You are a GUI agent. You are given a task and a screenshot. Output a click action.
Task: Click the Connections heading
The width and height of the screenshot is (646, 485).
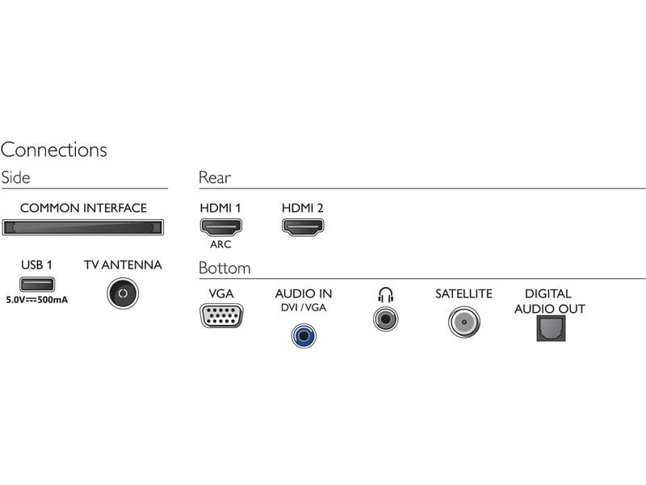point(54,150)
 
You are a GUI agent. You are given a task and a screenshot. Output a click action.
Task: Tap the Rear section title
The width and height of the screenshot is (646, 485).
point(215,178)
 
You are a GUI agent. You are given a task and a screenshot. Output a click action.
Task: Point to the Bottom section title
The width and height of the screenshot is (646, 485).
point(224,268)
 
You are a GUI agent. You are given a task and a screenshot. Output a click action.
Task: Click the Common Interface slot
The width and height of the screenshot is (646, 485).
point(83,227)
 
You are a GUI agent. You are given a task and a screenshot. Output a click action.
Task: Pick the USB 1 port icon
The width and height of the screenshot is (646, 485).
point(37,285)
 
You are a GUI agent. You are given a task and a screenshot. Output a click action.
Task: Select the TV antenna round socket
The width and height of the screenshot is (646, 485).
point(123,293)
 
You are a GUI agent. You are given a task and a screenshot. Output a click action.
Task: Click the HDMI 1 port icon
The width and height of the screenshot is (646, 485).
point(220,226)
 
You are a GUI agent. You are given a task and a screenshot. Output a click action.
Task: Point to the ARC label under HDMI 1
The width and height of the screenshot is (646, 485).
point(220,244)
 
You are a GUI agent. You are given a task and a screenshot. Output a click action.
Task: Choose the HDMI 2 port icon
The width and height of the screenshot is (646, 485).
point(302,226)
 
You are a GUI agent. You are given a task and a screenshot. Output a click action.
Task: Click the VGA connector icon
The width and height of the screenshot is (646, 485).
point(220,314)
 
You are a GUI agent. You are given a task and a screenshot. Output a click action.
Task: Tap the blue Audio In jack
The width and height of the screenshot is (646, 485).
point(304,333)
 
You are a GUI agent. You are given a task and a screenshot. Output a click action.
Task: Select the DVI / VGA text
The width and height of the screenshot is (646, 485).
point(304,308)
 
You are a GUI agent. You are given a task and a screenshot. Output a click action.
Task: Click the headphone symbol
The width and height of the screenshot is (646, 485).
point(385,295)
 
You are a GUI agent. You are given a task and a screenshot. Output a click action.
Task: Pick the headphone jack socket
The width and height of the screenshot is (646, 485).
point(385,318)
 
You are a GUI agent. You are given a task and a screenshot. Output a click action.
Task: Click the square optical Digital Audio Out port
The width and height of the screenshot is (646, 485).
point(552,327)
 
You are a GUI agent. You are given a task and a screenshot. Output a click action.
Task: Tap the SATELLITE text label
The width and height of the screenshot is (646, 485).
point(464,294)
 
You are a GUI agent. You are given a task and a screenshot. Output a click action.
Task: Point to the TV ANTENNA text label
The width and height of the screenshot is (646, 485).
point(123,265)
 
